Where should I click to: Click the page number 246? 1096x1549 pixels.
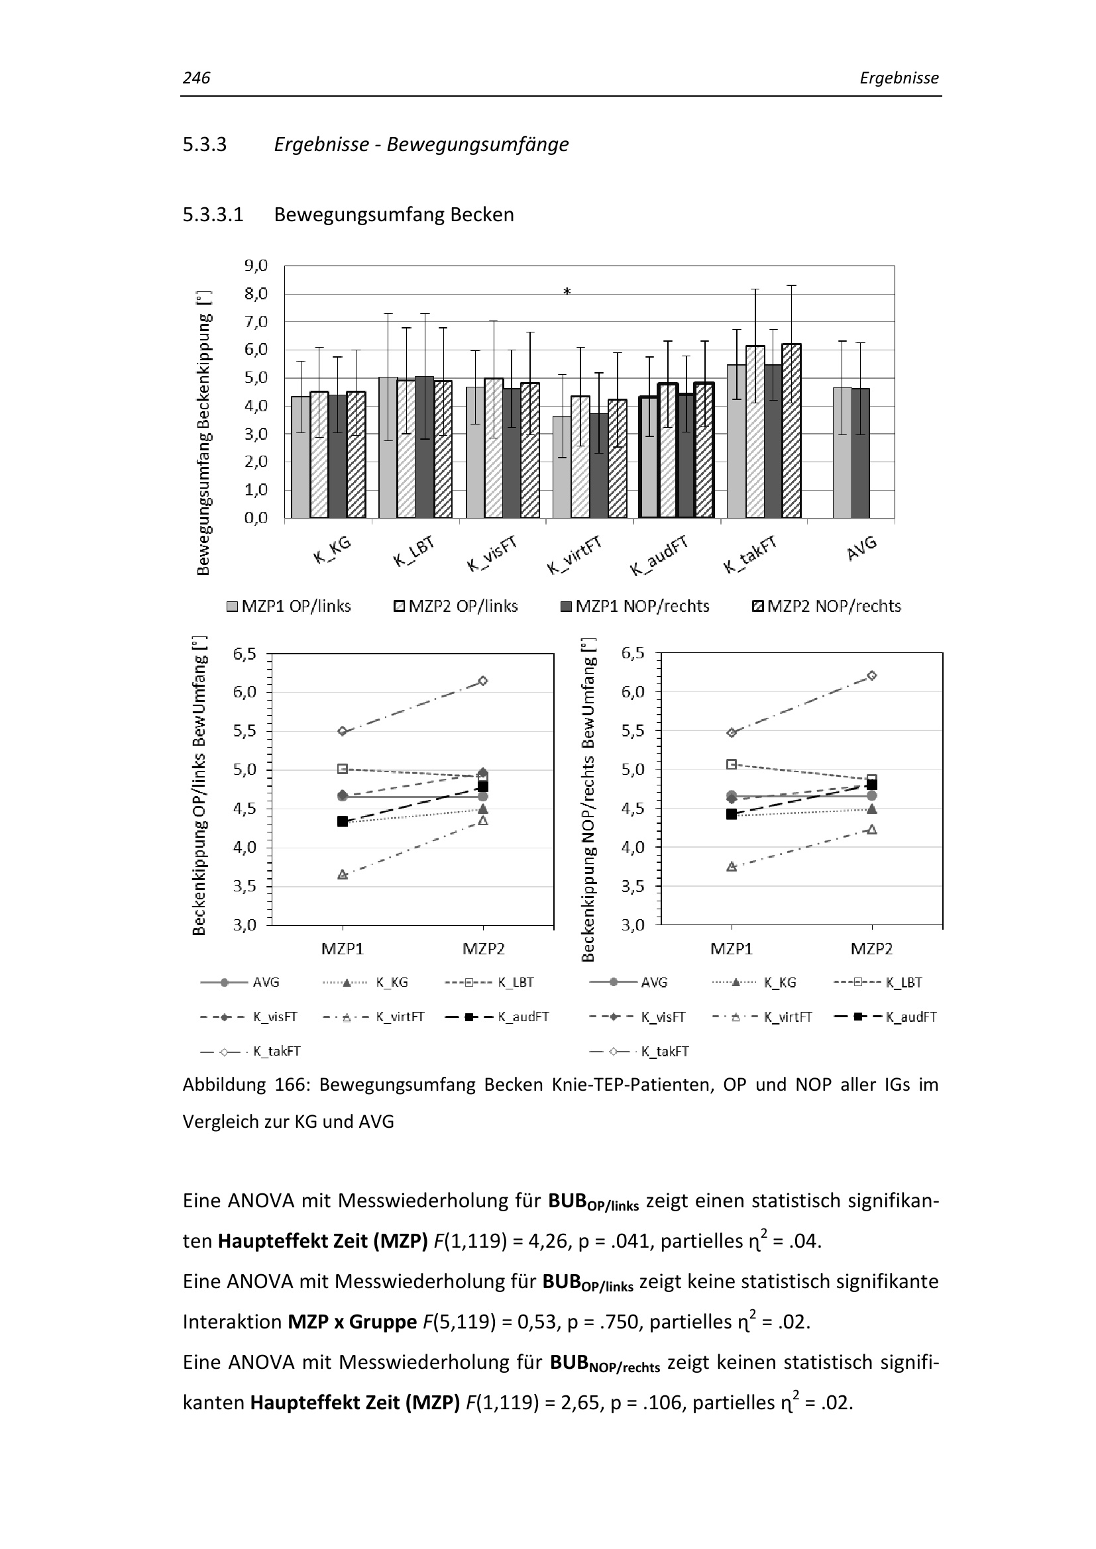tap(196, 78)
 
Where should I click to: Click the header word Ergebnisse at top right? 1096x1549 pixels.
tap(899, 78)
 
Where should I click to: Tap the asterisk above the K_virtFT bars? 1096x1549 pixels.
tap(567, 292)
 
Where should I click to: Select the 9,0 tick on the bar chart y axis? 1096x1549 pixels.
tap(256, 265)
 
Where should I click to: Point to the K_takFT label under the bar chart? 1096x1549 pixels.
tap(750, 554)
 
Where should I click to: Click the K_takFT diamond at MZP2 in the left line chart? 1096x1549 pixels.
tap(483, 681)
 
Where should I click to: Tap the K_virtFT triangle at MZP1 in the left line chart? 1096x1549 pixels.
tap(342, 874)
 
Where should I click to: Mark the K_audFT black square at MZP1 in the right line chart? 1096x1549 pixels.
tap(732, 815)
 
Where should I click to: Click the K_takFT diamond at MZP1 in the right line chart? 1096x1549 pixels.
tap(732, 732)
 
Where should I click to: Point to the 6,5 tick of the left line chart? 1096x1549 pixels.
tap(245, 654)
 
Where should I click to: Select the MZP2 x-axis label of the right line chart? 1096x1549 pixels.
tap(871, 949)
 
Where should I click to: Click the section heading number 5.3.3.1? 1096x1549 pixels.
tap(213, 215)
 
